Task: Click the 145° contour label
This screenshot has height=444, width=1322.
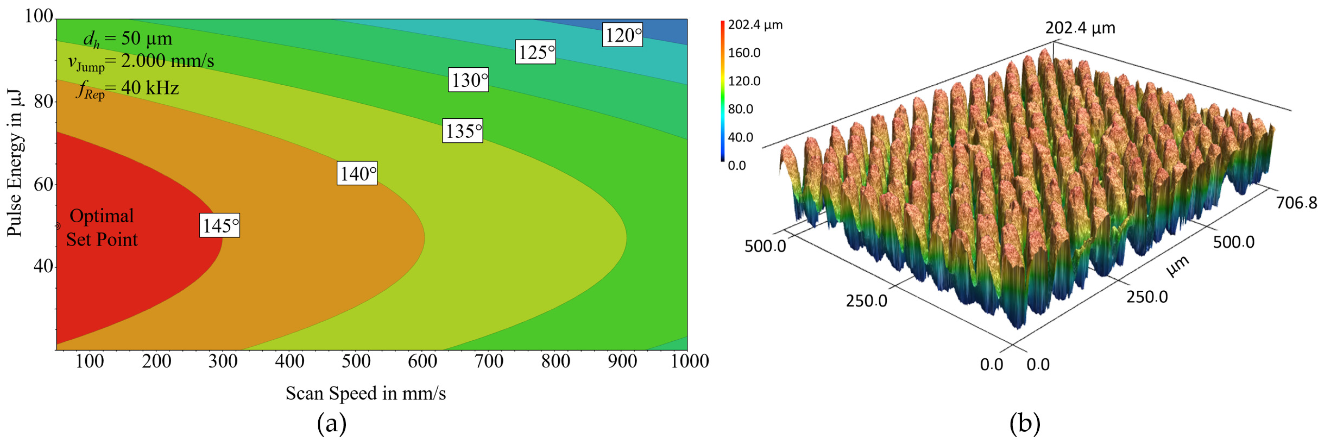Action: [219, 225]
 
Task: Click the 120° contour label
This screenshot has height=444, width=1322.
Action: [622, 35]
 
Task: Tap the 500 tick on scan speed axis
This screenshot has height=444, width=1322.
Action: [356, 361]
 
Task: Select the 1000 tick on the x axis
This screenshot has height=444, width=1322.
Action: [690, 361]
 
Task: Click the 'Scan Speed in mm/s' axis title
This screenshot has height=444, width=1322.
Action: [365, 393]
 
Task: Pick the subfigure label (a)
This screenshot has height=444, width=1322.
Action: [332, 424]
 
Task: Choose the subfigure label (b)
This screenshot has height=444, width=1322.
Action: [1024, 424]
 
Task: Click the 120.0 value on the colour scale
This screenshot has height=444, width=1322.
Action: [744, 81]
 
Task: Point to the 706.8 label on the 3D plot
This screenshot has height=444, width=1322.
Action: [1296, 203]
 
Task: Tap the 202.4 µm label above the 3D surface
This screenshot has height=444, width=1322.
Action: [1080, 28]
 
